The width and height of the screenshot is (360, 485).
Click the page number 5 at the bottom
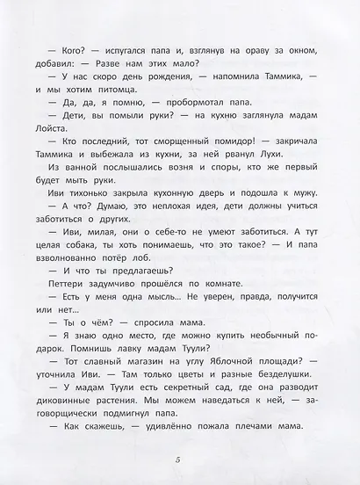click(x=179, y=462)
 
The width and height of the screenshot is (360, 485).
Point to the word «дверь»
click(x=203, y=220)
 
